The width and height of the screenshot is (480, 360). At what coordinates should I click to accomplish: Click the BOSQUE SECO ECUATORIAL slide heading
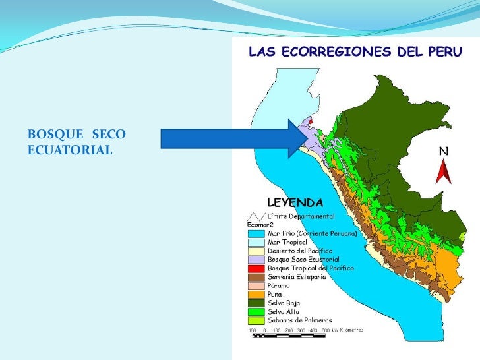tap(76, 142)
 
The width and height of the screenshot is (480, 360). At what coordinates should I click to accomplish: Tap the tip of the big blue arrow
tap(305, 138)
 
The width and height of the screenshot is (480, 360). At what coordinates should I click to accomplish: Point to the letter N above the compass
tap(444, 152)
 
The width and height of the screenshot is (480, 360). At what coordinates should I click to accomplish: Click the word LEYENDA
tap(294, 202)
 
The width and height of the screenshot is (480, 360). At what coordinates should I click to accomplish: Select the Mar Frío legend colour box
tap(256, 233)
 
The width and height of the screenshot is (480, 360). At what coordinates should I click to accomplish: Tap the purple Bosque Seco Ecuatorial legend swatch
tap(256, 260)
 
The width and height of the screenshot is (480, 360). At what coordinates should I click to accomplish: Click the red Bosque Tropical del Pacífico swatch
tap(256, 268)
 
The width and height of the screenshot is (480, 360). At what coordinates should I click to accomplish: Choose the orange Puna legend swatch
tap(256, 294)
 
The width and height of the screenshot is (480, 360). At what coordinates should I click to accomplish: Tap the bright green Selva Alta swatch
tap(256, 311)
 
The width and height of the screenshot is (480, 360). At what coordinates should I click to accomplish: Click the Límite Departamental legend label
tap(301, 216)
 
